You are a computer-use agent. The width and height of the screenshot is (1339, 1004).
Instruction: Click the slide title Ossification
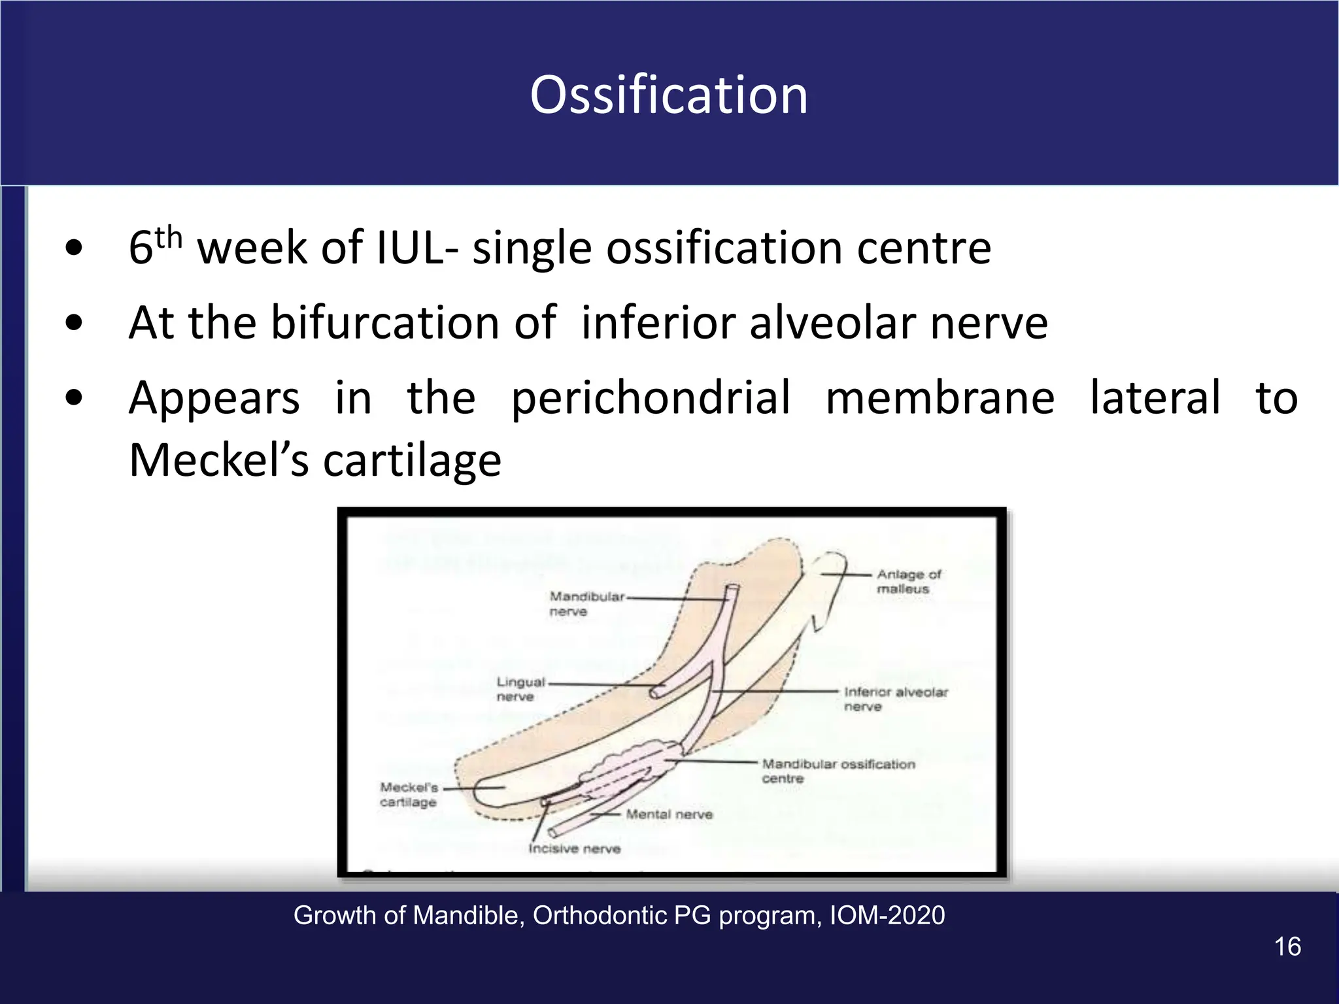click(x=669, y=95)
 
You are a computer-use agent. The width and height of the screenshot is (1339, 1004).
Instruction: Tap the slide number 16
click(x=1287, y=946)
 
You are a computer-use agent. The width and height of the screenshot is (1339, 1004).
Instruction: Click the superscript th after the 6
click(x=169, y=237)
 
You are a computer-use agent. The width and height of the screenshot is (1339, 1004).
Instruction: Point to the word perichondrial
click(x=651, y=398)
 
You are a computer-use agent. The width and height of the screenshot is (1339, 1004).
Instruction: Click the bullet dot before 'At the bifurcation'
click(x=75, y=322)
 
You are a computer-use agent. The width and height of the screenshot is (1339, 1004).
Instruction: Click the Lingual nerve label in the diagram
click(x=520, y=689)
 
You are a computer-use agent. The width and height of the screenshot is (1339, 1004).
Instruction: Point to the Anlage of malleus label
click(x=907, y=581)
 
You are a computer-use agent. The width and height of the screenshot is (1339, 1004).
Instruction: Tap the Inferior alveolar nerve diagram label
click(x=894, y=699)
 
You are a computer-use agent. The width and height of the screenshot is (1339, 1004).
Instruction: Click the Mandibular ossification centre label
click(x=838, y=771)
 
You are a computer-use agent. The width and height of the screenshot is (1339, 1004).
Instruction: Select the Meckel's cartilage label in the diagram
click(x=409, y=794)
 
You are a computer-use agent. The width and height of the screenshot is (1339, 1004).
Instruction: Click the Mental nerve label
click(x=669, y=814)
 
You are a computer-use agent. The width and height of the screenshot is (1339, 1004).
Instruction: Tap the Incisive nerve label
click(x=574, y=849)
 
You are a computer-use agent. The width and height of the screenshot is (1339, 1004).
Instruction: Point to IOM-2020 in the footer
click(x=887, y=916)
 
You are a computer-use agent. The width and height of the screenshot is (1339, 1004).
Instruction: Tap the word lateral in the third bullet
click(x=1154, y=398)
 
